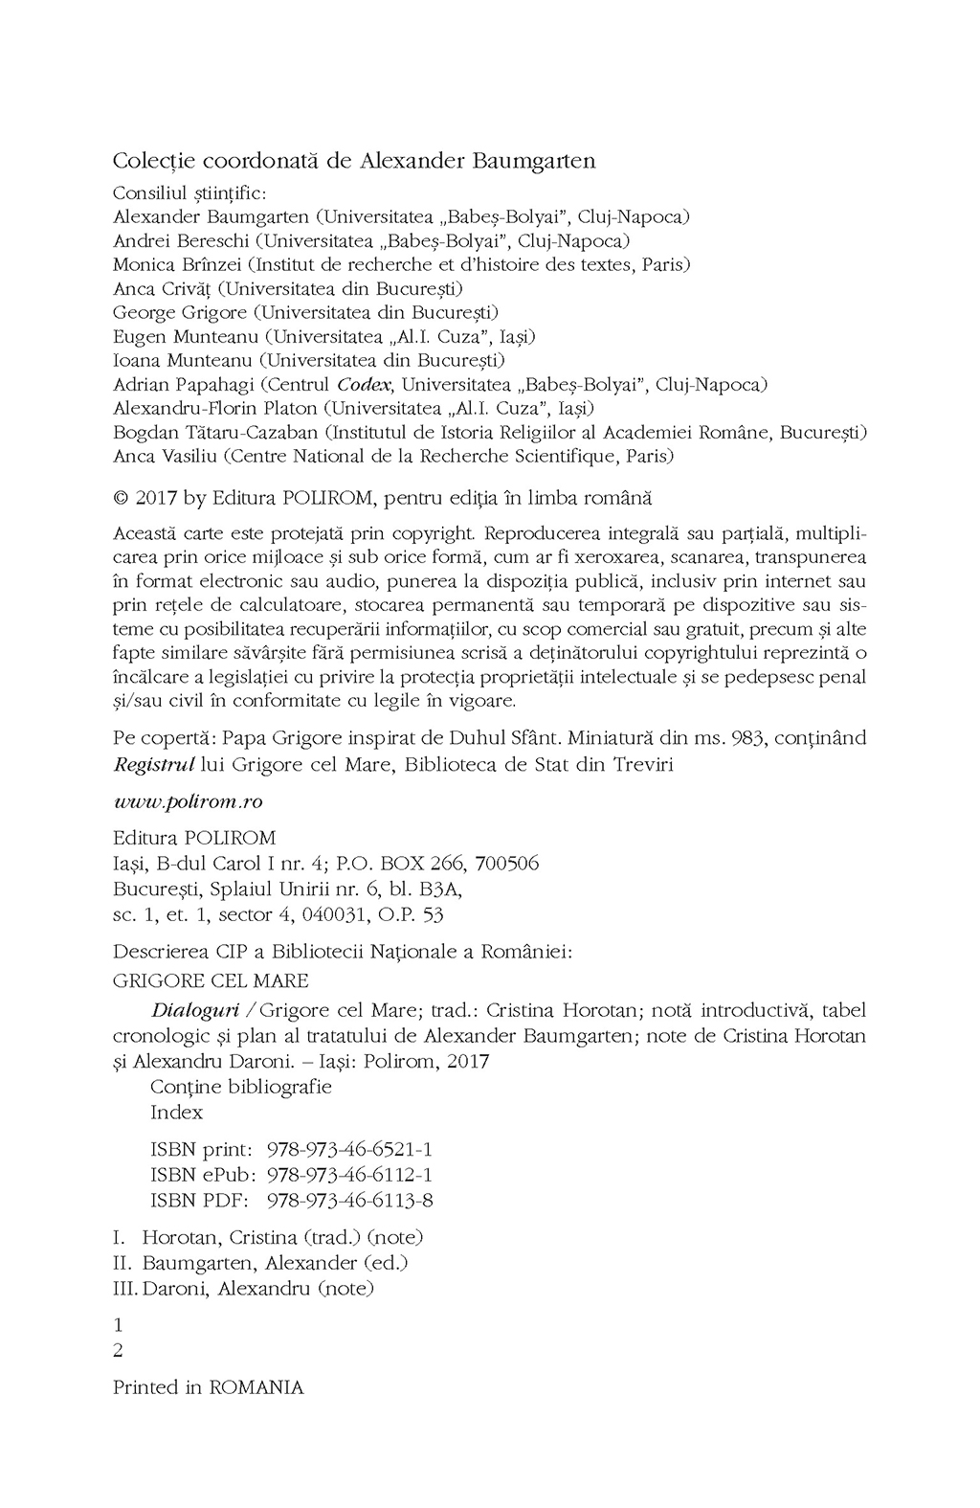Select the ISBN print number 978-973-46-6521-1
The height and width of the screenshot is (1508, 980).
pos(349,1150)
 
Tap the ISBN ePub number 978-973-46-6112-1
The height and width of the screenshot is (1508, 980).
pos(349,1175)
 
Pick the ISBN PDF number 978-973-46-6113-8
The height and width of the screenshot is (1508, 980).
pos(349,1200)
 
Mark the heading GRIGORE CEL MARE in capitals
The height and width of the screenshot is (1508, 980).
pos(211,980)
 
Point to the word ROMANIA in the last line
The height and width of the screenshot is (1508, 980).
pos(256,1387)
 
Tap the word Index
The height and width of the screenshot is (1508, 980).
pos(177,1113)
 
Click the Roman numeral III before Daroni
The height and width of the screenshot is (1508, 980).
pos(124,1289)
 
